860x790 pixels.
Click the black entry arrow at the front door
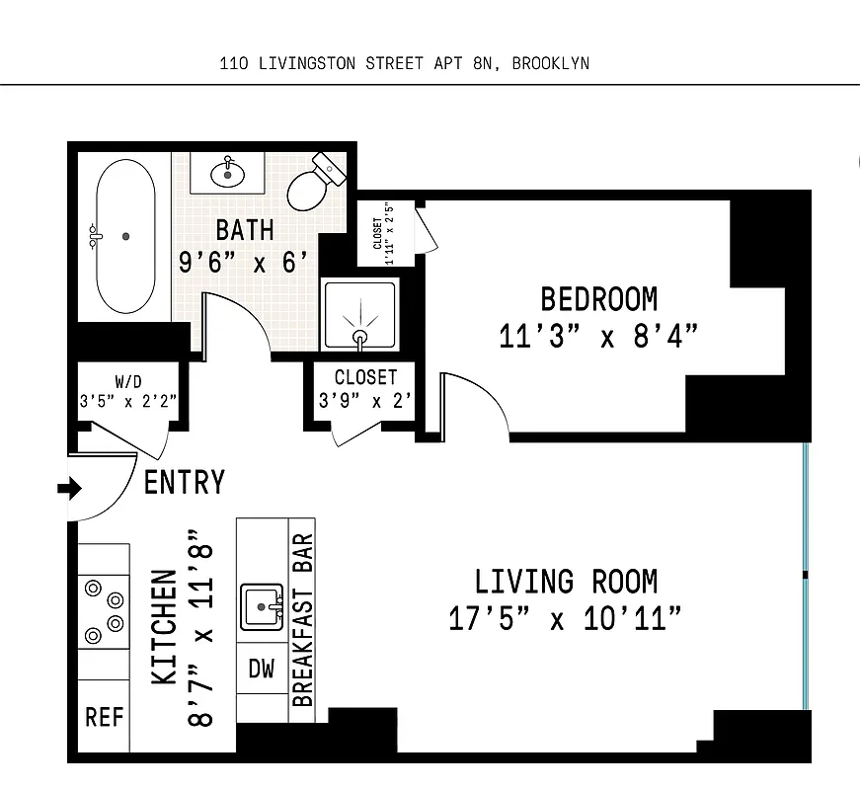coord(71,488)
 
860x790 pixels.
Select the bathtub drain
coord(125,236)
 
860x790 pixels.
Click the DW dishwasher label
coord(261,669)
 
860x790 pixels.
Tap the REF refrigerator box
coord(104,717)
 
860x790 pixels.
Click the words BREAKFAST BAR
coord(302,620)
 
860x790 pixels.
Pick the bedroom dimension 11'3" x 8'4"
coord(598,336)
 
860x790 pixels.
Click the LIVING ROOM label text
coord(566,581)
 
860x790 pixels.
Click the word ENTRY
coord(185,482)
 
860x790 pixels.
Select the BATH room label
coord(245,230)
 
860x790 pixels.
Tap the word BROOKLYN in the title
coord(551,64)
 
